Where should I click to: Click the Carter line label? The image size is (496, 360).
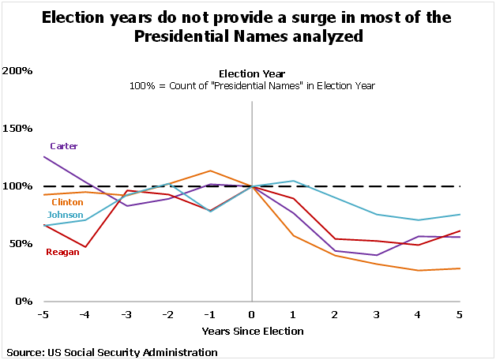point(63,146)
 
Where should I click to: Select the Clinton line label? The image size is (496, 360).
point(66,203)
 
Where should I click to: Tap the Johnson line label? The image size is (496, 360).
point(66,215)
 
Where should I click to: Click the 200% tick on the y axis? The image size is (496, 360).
point(17,71)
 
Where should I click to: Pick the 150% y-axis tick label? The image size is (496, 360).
point(17,129)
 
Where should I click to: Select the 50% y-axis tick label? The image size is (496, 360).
point(20,244)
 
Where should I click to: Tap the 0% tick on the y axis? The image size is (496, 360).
point(23,302)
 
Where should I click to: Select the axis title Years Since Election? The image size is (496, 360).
point(252,331)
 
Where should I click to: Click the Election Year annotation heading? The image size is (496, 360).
point(252,73)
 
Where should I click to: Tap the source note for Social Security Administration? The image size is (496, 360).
point(111,351)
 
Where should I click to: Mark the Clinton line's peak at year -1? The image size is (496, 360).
point(210,171)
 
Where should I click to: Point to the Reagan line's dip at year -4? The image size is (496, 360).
point(85,247)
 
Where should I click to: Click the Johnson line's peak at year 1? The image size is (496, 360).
point(294,181)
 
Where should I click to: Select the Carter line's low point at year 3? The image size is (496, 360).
point(378,255)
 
